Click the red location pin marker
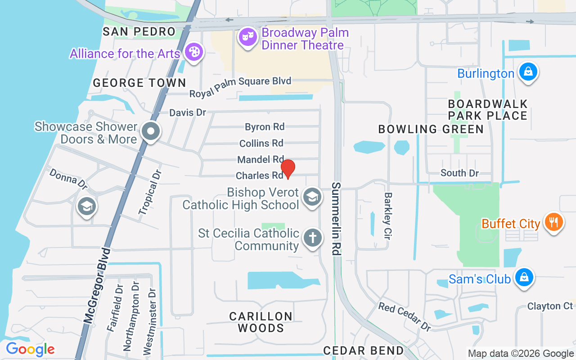[x=288, y=169]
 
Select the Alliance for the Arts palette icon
[x=194, y=52]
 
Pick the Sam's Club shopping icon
[x=524, y=277]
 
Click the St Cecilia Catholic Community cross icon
[x=312, y=238]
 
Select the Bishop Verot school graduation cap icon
[x=311, y=197]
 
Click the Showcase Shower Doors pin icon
[x=150, y=132]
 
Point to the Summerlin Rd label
[x=336, y=219]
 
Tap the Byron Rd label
[x=265, y=127]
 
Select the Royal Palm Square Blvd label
[x=240, y=87]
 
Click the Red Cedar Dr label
[x=405, y=316]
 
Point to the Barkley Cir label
[x=387, y=216]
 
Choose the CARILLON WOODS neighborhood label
[x=261, y=322]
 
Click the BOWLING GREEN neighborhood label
[x=431, y=130]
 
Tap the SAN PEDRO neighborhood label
[x=139, y=31]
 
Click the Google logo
[x=30, y=349]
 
